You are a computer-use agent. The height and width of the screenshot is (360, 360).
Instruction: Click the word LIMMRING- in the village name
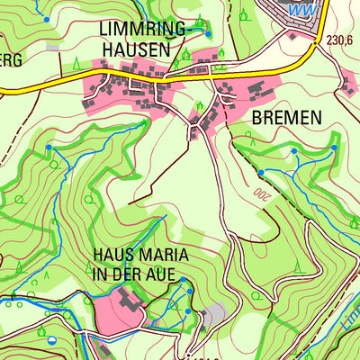pos(144,31)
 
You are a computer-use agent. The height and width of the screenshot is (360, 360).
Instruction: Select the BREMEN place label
pos(286,117)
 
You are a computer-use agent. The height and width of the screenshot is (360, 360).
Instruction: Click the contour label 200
pos(261,193)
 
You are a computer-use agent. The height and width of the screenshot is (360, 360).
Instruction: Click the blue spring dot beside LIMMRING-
pos(208,33)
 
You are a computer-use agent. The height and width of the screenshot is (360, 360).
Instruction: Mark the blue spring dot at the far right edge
pos(334,147)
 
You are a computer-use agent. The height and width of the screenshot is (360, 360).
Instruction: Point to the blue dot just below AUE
pos(182,281)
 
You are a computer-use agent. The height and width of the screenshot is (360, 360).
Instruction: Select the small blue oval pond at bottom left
pos(51,339)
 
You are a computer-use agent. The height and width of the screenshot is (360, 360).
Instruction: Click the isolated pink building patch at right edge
pos(349,85)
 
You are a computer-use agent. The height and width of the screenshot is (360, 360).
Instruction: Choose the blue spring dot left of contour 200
pos(261,172)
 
